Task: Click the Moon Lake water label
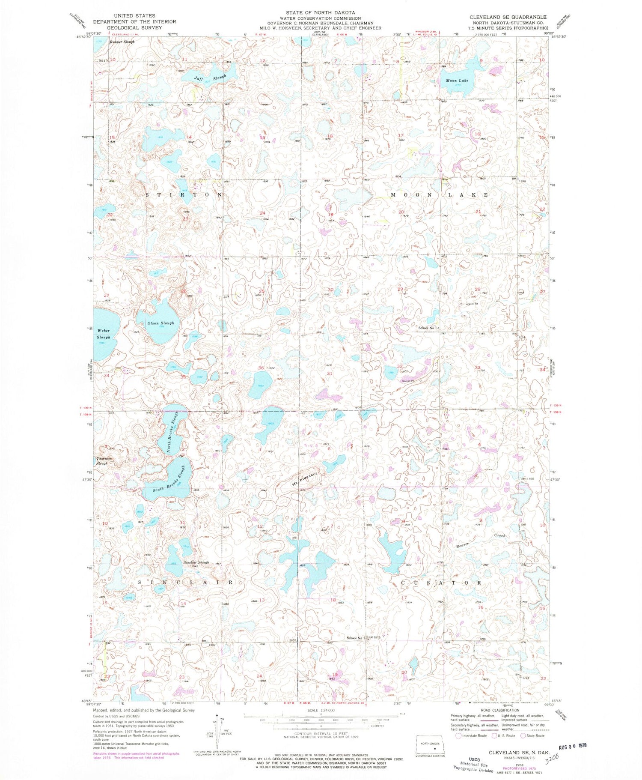(x=457, y=81)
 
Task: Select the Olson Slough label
(x=161, y=323)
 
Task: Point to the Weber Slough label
(x=103, y=334)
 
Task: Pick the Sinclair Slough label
(x=196, y=562)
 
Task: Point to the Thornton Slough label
(x=104, y=461)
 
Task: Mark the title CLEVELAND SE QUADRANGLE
(x=508, y=17)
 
